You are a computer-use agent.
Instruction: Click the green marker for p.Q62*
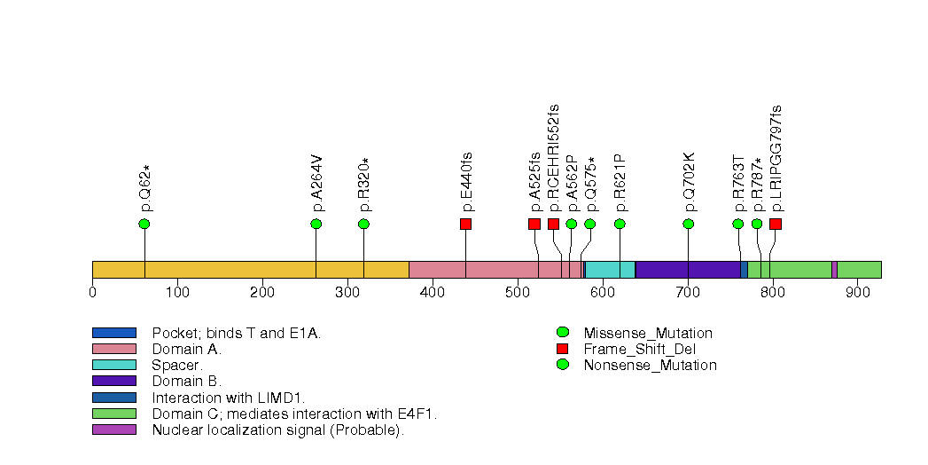pos(144,224)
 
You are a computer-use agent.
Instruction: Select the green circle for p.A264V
pos(316,224)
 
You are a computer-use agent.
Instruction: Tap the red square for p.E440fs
pos(465,224)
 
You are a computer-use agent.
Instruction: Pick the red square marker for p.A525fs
pos(534,224)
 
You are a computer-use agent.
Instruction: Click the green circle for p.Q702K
pos(689,224)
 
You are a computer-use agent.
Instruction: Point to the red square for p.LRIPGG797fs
pos(776,224)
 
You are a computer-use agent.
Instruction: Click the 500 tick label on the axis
pos(518,292)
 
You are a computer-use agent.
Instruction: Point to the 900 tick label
pos(858,292)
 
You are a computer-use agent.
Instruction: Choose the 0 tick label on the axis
pos(93,292)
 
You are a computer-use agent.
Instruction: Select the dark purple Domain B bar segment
pos(687,270)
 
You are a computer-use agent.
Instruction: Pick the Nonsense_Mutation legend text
pos(650,365)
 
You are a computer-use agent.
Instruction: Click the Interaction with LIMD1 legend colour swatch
pos(114,398)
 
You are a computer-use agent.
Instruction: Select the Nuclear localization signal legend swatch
pos(114,430)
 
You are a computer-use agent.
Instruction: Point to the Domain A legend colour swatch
pos(114,349)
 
